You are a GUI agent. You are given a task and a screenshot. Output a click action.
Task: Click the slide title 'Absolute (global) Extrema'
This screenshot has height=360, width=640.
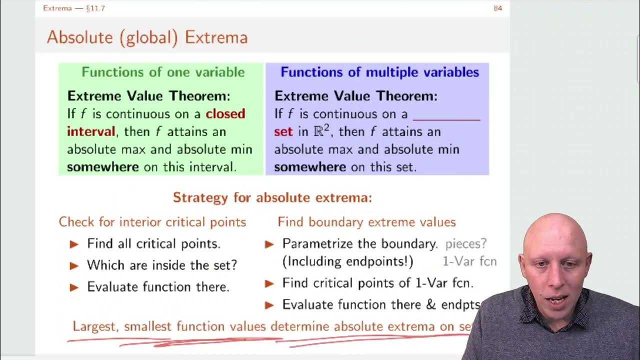coord(147,37)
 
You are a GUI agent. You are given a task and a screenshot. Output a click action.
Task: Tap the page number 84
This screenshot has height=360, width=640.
coord(497,8)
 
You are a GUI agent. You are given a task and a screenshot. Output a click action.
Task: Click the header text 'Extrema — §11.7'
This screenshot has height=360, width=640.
coord(74,8)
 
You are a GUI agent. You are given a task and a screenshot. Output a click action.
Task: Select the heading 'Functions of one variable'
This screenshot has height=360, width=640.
coord(163,72)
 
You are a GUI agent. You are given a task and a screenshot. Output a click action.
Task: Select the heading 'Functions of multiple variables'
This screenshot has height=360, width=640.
coord(379,72)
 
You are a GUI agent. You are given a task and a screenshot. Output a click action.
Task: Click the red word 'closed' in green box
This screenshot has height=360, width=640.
coord(225,114)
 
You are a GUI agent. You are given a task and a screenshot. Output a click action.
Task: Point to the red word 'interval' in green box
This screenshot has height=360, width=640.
coord(91,131)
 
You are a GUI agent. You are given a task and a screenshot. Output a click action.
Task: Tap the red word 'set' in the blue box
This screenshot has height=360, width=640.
coord(283,132)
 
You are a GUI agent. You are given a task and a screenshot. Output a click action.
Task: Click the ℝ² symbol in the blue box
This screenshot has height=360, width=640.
coord(320,131)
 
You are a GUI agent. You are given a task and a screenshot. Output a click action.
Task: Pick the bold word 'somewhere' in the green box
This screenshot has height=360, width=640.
coord(102,167)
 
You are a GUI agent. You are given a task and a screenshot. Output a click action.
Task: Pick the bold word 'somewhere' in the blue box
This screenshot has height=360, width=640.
coord(309,167)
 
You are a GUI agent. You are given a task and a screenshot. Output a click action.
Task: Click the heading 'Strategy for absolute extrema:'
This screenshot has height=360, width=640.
coord(272,197)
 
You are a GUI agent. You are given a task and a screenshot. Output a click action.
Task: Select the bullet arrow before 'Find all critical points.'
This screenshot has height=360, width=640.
coord(74,244)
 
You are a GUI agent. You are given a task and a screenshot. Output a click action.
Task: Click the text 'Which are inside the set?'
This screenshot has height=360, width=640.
coord(162,265)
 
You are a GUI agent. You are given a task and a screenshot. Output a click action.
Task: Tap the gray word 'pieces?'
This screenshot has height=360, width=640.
coord(466,243)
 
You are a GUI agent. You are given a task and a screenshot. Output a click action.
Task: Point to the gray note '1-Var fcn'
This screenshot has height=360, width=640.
coord(469,261)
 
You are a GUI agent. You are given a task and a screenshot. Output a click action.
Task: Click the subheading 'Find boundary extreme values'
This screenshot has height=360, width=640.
coord(366,222)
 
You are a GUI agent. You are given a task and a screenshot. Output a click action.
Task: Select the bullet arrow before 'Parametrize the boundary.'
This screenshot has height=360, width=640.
coord(269,244)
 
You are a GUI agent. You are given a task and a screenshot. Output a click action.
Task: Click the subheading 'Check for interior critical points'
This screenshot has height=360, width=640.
coord(152,222)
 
